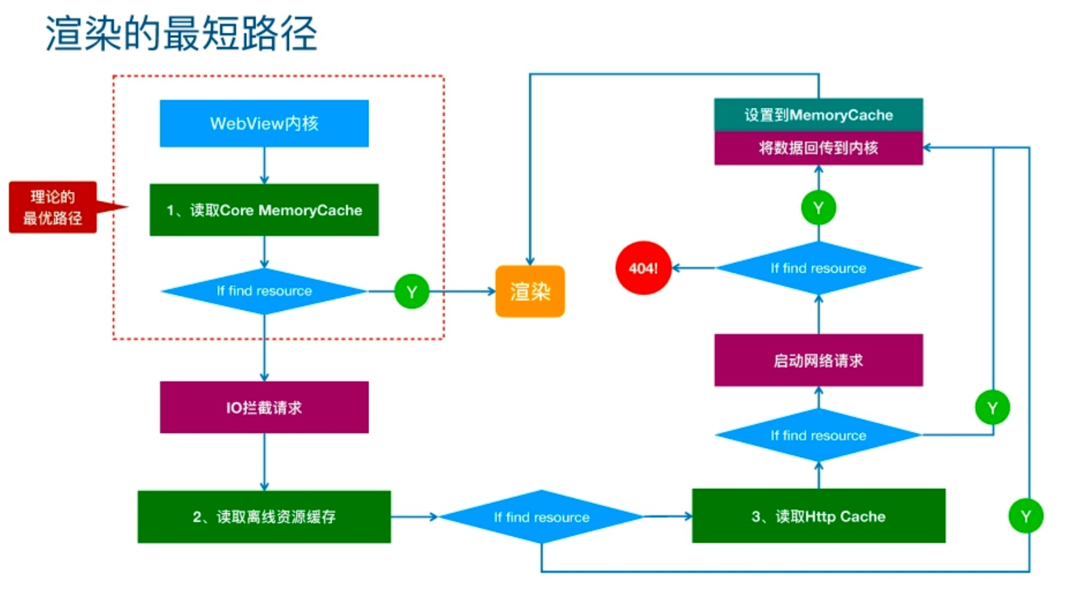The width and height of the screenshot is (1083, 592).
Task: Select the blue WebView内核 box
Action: [264, 124]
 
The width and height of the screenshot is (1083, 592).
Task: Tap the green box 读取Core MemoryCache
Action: [264, 210]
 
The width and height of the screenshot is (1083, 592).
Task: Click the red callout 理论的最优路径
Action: [53, 208]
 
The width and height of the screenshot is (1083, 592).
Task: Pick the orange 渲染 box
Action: [530, 291]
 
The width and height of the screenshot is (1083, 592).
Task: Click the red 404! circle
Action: [643, 268]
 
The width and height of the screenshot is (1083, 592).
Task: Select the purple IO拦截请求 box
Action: [264, 407]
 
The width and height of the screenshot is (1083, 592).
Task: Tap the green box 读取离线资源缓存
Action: [264, 517]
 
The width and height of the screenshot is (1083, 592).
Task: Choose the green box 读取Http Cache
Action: [818, 516]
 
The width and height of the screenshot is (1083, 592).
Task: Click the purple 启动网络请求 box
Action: [818, 360]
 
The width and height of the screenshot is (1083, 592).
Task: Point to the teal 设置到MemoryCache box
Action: [818, 115]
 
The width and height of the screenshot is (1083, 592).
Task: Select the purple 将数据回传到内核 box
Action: [818, 148]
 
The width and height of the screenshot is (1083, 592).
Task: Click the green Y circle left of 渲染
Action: [412, 292]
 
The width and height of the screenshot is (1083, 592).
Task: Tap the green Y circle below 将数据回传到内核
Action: [818, 208]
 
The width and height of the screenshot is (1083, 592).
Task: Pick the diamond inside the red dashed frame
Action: [264, 291]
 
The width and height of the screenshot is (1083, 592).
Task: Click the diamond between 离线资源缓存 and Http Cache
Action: [542, 517]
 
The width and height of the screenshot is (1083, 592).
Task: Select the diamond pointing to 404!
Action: [818, 268]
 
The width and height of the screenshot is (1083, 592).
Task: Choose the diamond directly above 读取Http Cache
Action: [818, 435]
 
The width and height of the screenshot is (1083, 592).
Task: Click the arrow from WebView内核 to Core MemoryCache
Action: [264, 166]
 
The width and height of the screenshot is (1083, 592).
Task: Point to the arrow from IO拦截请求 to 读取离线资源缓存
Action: [264, 462]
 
